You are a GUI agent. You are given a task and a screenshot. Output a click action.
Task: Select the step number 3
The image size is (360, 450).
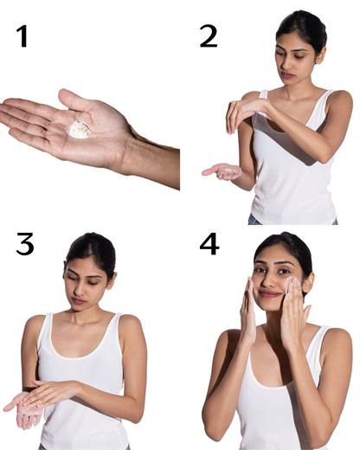click(25, 245)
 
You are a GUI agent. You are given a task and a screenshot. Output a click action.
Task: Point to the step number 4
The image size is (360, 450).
click(209, 245)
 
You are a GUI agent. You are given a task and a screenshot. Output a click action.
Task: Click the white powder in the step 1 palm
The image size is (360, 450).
click(80, 128)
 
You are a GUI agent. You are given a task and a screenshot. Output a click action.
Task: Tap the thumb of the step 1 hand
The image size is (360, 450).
click(69, 97)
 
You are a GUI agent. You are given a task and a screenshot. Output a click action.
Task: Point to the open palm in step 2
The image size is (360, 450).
click(222, 170)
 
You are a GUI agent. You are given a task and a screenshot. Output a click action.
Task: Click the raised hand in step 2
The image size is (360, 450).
click(239, 111)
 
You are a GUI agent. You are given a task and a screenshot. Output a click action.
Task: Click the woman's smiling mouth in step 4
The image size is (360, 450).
click(271, 294)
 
